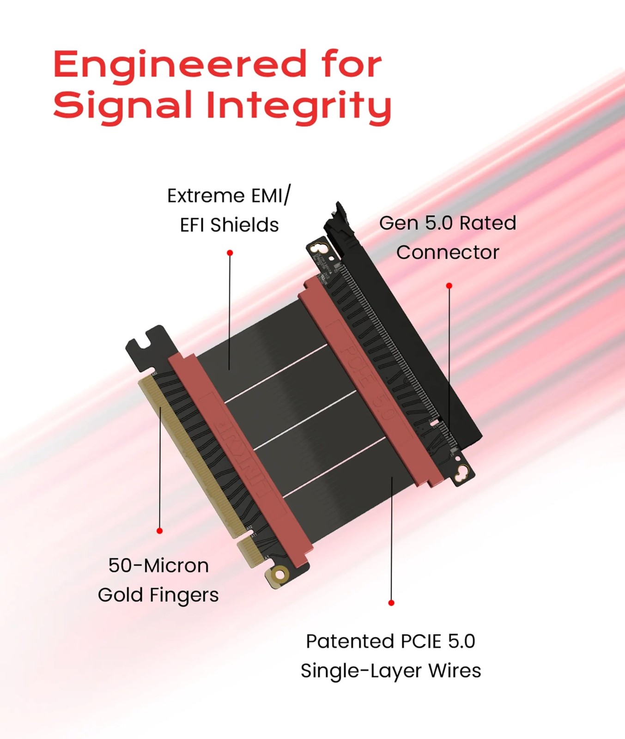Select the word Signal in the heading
coord(123,105)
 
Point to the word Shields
coord(244,225)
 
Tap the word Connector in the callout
coord(448,253)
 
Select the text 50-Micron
coord(158,566)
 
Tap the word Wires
coord(455,671)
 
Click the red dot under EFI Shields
coord(230,253)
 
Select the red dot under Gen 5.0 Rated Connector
coord(449,286)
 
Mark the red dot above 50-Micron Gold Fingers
coord(159,531)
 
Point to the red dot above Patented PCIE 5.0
coord(391,603)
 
